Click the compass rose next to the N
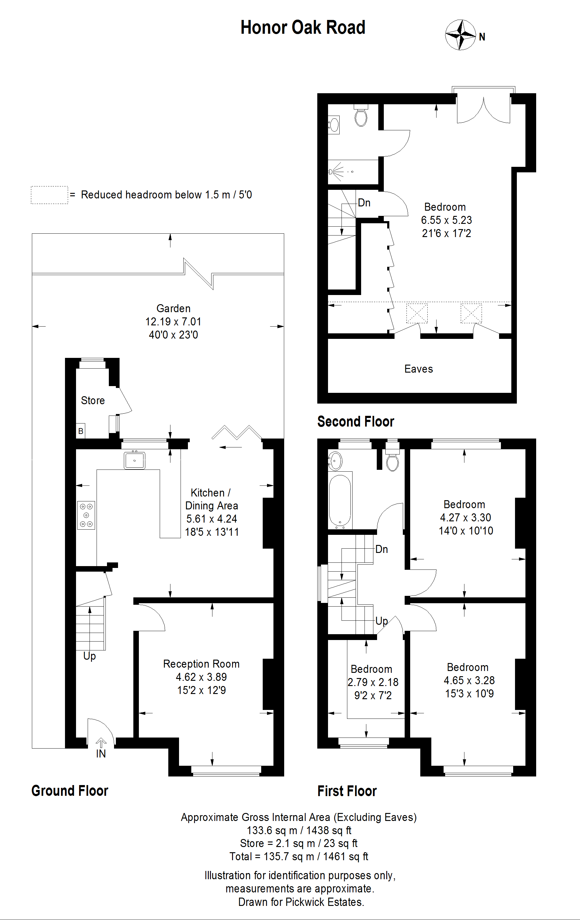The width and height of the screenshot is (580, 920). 460,35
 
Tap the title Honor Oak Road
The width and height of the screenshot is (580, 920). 303,28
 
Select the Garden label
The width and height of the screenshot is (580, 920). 173,308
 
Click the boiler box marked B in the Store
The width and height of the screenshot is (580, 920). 81,431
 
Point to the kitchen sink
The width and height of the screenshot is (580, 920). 134,460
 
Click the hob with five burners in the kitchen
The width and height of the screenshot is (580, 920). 86,515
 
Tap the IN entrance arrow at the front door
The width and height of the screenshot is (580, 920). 101,743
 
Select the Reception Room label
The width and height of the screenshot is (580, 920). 201,664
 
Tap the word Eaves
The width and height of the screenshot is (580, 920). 418,369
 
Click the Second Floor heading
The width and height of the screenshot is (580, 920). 356,421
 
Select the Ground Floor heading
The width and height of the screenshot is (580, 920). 70,791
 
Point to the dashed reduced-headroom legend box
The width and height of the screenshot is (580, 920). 49,195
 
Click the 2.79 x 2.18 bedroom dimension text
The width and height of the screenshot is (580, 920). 373,682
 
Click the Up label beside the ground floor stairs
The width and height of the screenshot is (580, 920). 89,656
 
